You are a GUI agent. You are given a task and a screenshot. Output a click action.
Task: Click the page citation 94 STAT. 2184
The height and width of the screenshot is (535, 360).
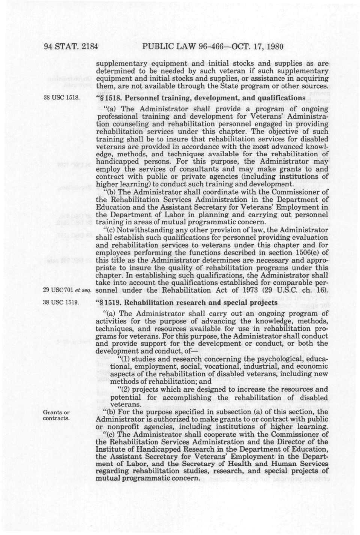[71, 47]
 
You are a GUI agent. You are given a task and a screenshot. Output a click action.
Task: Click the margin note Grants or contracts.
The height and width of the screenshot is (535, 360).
[57, 415]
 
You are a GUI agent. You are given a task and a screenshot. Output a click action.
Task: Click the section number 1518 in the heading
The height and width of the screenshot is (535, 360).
[115, 98]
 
